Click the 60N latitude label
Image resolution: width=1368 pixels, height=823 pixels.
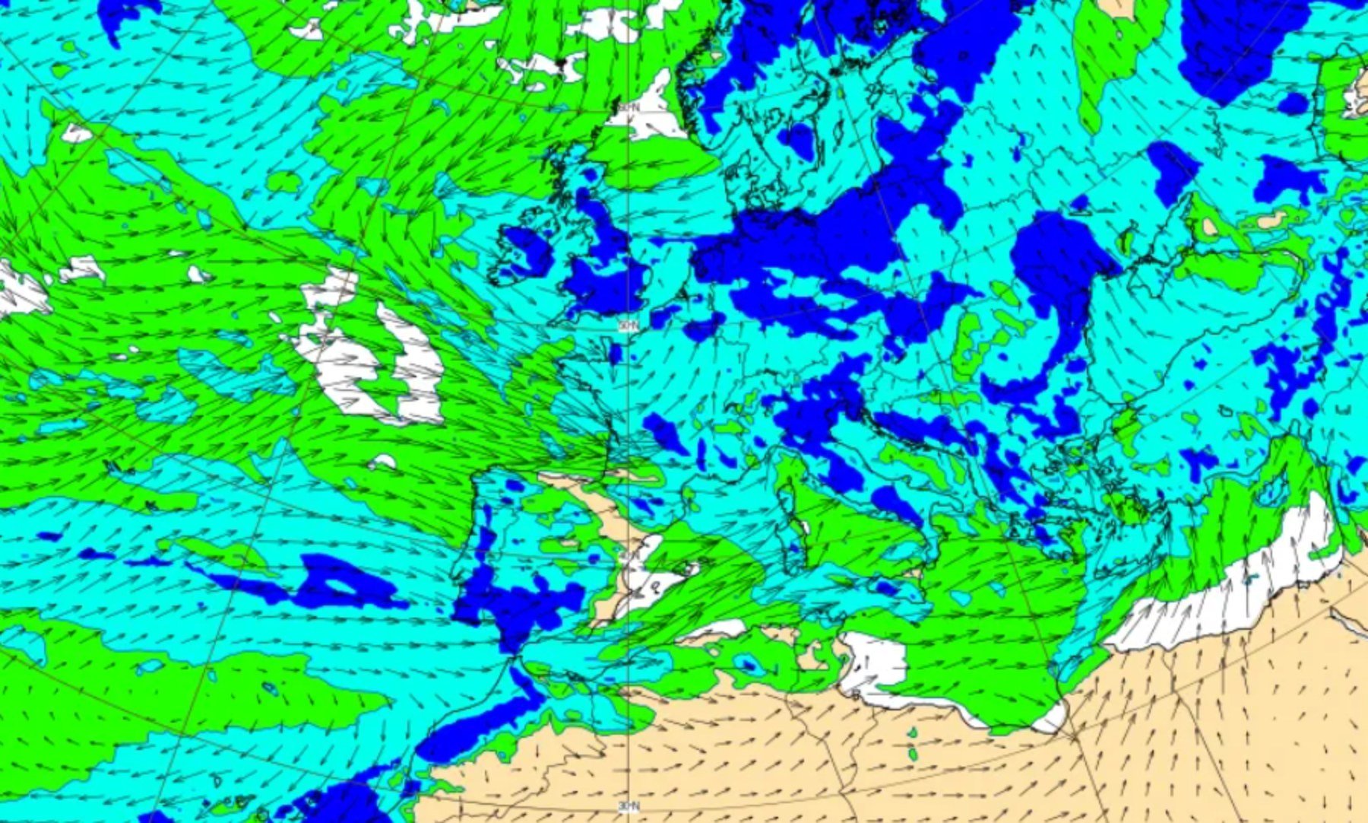point(628,108)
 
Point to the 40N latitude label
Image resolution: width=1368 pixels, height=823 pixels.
point(628,554)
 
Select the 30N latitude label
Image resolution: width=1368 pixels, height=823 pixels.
point(628,806)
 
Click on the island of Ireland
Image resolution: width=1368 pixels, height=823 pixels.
point(524,251)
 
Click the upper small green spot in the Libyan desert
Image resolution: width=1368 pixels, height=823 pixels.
point(912,732)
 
